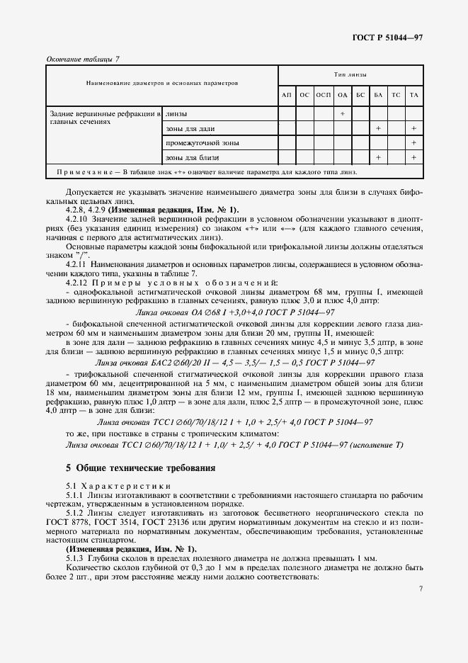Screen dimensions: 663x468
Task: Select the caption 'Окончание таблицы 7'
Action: click(83, 58)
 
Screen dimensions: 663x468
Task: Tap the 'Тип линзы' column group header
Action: click(350, 74)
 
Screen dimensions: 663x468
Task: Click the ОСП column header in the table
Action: click(323, 94)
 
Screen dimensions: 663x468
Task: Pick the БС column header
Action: click(360, 94)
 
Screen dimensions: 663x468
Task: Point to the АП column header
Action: click(286, 94)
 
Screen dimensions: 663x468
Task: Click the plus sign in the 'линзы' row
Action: click(342, 113)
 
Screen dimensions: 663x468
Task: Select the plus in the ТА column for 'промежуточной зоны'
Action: click(414, 142)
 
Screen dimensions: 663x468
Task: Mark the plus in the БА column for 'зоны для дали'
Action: click(379, 128)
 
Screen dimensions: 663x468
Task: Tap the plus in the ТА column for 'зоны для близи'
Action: click(414, 157)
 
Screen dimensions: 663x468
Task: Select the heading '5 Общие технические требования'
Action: click(140, 467)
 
